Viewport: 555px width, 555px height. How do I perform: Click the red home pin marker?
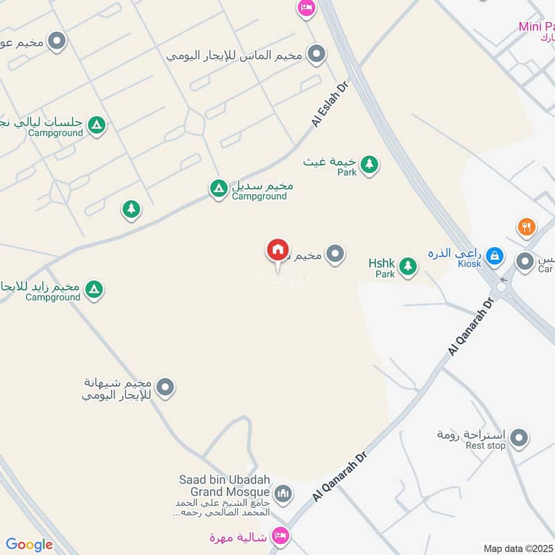point(277,250)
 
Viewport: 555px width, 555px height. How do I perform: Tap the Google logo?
point(29,545)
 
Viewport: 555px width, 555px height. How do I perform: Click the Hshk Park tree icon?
point(408,266)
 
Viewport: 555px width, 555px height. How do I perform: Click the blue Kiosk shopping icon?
point(494,256)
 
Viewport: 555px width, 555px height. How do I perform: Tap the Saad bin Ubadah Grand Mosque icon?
point(283,494)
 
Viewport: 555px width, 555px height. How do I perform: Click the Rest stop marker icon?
point(518,438)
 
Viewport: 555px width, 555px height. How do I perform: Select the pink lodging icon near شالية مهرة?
point(281,536)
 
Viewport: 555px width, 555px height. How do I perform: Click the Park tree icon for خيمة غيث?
point(370,164)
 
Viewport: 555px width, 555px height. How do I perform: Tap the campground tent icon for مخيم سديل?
point(219,187)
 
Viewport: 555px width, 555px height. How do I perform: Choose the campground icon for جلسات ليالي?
point(97,125)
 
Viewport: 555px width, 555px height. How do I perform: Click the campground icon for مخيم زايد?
point(94,289)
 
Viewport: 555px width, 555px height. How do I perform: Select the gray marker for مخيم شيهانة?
point(165,388)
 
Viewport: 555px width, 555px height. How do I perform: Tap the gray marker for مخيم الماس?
point(317,53)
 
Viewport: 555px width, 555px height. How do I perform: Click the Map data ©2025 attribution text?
point(517,548)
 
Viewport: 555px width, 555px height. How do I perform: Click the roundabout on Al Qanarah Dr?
point(501,287)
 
